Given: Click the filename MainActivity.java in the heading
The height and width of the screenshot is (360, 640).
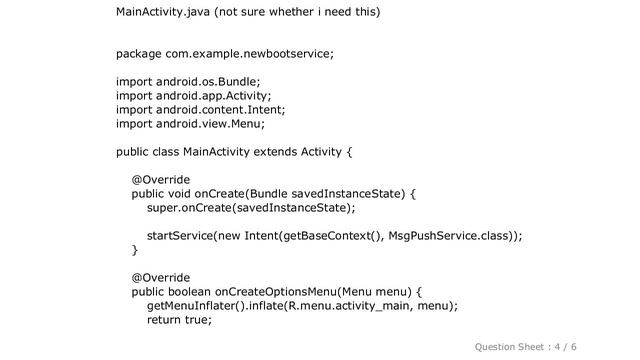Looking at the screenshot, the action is pyautogui.click(x=163, y=13).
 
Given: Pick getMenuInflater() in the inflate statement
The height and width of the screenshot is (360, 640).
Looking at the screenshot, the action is pyautogui.click(x=197, y=306).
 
